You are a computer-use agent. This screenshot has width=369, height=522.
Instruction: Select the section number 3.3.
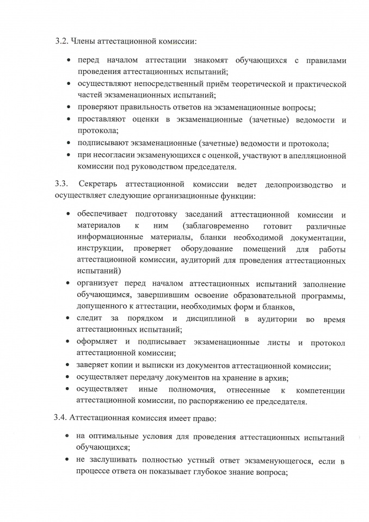(x=61, y=185)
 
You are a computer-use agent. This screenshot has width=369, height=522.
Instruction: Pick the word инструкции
(x=99, y=248)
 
